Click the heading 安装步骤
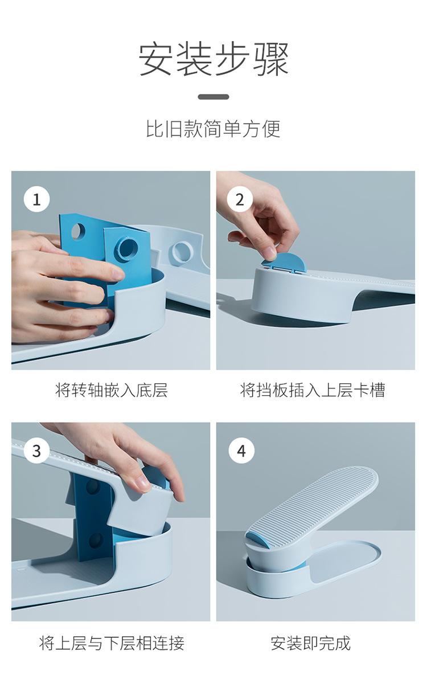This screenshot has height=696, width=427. [213, 59]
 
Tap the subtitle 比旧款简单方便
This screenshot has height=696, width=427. [213, 129]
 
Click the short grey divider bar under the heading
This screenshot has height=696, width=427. [213, 97]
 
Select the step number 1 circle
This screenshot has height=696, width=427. [36, 199]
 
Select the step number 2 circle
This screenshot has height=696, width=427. [240, 199]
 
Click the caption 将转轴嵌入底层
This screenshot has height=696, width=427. [112, 390]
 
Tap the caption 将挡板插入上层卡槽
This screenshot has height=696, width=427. [313, 390]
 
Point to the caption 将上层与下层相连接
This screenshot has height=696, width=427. [112, 643]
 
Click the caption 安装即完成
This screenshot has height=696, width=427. [310, 643]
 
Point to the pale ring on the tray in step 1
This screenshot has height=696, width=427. [182, 252]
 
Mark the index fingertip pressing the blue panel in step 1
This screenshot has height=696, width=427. [117, 275]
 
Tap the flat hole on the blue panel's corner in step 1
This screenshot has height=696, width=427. [77, 231]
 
